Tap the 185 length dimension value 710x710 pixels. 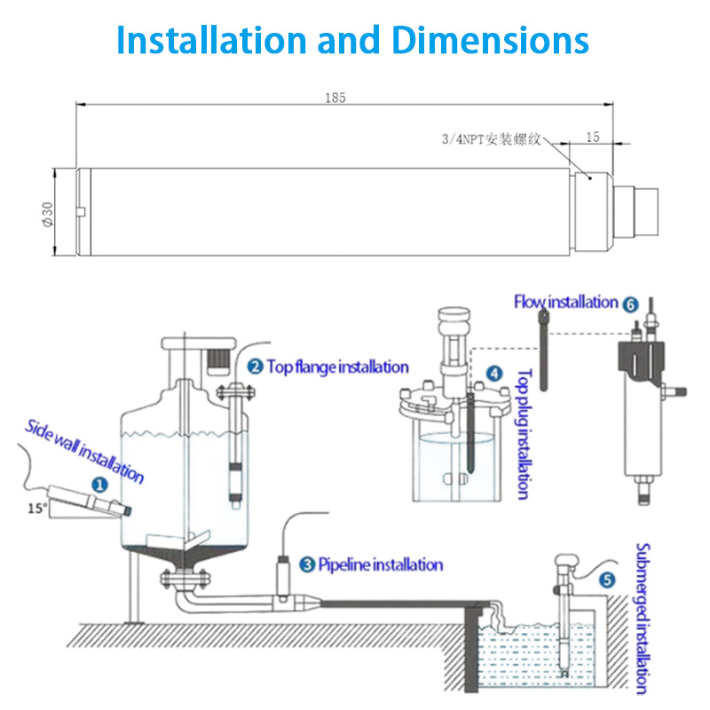[335, 98]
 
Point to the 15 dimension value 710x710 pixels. [594, 137]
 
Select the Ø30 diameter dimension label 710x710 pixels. [47, 213]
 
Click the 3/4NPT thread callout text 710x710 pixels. [492, 139]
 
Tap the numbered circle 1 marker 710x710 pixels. [99, 485]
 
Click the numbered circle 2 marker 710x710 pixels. [255, 366]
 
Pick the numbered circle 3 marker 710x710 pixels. [307, 564]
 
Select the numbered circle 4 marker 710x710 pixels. [494, 375]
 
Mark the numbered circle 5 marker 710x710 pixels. [607, 580]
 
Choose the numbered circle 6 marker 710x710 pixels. [630, 304]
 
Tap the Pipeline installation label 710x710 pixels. [380, 564]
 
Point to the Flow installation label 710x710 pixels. [565, 303]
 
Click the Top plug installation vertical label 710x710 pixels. [524, 434]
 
